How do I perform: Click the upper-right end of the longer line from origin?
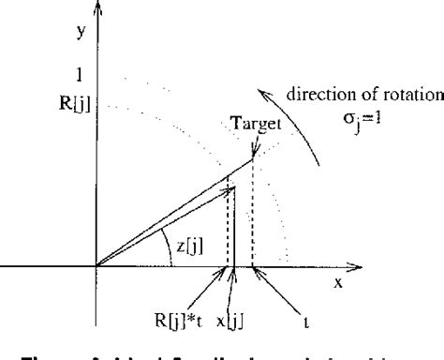coord(253,158)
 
